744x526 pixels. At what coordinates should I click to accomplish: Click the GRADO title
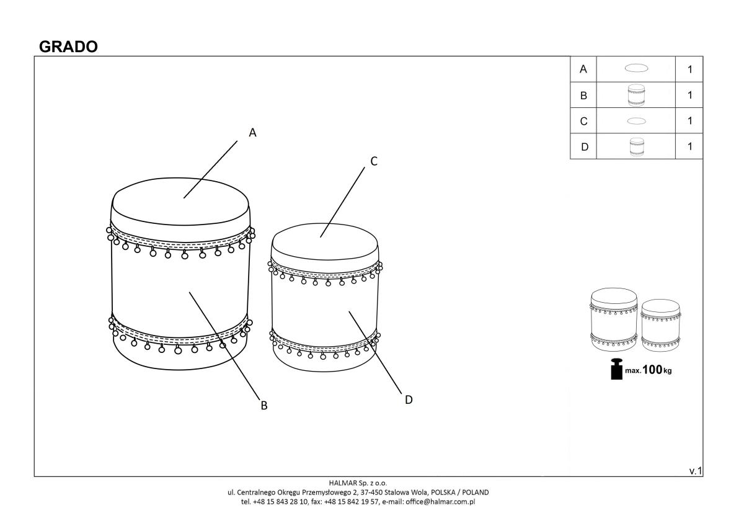point(68,47)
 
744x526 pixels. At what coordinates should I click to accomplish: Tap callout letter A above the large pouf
point(253,133)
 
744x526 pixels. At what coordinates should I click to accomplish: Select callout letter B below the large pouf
point(264,406)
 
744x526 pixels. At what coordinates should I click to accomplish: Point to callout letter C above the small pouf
point(374,161)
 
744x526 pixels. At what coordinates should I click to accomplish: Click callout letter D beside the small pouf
point(409,399)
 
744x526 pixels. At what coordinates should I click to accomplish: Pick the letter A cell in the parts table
point(583,69)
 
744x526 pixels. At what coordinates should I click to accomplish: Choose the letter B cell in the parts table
point(583,96)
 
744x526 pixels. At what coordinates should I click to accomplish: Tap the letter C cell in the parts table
point(583,121)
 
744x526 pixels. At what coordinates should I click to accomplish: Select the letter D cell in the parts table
point(583,146)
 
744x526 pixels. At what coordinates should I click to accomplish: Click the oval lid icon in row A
point(636,68)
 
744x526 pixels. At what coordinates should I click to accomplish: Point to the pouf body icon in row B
point(636,96)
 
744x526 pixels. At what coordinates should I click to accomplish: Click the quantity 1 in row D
point(690,146)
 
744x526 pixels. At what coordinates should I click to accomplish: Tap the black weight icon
point(617,369)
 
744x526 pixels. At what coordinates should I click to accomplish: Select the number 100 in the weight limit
point(653,370)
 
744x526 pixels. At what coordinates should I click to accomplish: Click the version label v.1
point(696,471)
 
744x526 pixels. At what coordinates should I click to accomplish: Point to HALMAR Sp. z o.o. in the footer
point(358,483)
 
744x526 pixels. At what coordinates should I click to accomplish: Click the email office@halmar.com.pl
point(440,502)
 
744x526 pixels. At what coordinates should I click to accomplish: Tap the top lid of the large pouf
point(180,202)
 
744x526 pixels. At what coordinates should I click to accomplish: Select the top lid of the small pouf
point(325,242)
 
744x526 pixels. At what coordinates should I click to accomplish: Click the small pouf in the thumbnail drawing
point(661,325)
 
